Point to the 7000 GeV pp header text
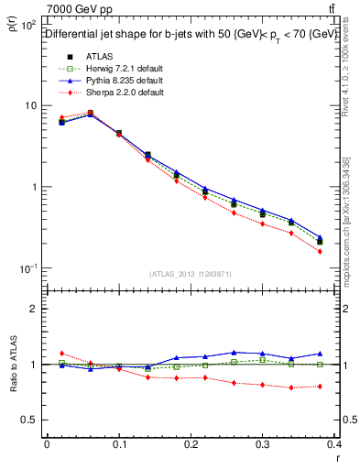coord(80,10)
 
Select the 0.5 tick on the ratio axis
coord(32,420)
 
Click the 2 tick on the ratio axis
coord(36,309)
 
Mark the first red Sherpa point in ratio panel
coord(61,353)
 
